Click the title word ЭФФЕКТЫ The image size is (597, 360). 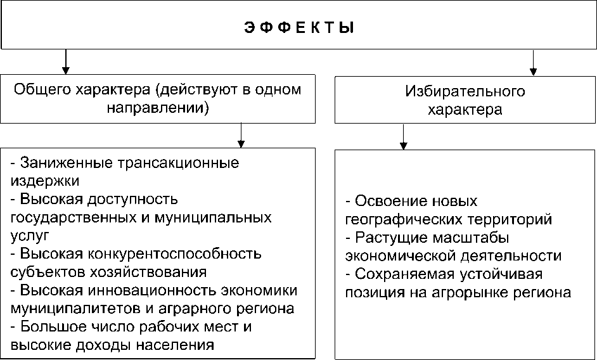298,28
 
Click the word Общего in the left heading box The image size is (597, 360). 39,89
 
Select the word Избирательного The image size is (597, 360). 465,92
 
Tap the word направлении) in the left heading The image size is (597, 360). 158,108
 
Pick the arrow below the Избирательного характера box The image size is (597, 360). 403,138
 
